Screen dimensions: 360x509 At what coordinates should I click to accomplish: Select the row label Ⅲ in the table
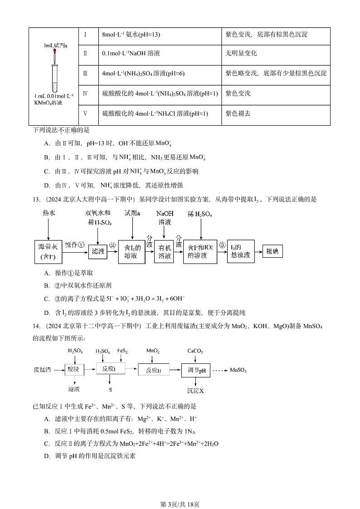85,73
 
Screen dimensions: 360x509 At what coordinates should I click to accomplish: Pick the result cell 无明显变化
241,53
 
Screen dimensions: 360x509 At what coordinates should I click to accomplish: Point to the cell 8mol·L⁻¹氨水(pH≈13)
131,34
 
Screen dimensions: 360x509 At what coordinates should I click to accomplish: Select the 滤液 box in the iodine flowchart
98,251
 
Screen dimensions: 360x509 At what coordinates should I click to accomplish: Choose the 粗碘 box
274,251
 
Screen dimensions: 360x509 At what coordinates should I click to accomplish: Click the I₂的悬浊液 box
240,251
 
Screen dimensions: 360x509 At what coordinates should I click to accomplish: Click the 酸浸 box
74,370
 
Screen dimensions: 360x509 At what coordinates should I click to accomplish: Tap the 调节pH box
196,370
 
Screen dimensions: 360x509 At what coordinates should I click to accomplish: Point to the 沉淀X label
196,390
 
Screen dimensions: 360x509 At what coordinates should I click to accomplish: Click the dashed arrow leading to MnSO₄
221,370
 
